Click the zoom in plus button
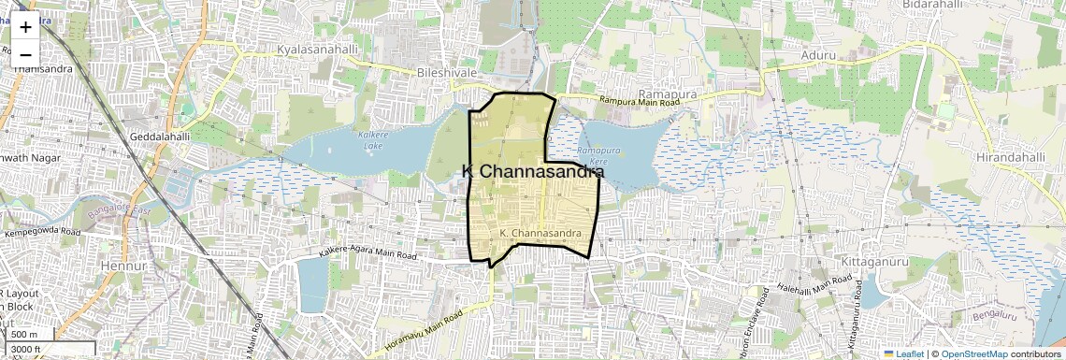(25, 27)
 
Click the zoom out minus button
(25, 54)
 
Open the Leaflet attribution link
(903, 354)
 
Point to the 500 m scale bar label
(24, 335)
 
